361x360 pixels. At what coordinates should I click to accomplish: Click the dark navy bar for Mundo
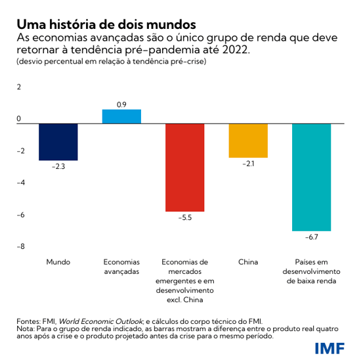point(58,142)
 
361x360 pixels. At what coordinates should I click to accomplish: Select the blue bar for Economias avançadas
point(121,116)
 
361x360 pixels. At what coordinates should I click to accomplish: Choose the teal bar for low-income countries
point(311,177)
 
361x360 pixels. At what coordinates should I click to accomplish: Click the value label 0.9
point(121,104)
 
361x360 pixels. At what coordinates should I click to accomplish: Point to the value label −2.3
point(58,168)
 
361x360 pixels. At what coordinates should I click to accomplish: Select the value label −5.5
point(184,218)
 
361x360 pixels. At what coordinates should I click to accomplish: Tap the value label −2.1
point(248,164)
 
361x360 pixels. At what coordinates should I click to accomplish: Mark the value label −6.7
point(311,237)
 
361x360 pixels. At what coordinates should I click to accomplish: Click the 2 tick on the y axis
point(19,87)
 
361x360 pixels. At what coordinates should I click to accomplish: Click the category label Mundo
point(58,262)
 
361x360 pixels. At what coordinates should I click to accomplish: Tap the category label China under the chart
point(248,262)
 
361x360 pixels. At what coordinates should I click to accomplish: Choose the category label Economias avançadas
point(121,267)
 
